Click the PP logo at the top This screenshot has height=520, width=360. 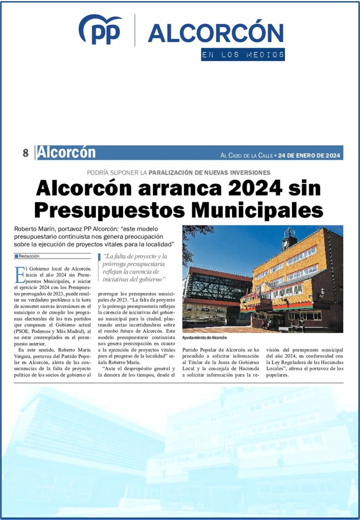tap(100, 30)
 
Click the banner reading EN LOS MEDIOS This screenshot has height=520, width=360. tap(242, 55)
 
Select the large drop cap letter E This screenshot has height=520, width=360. tap(20, 274)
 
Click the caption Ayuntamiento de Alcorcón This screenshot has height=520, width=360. tap(204, 338)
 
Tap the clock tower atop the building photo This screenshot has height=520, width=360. tap(289, 238)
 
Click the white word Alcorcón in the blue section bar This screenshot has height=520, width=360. tap(67, 152)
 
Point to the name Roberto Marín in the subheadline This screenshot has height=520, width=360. tap(36, 229)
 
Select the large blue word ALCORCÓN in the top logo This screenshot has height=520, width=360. tap(215, 33)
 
